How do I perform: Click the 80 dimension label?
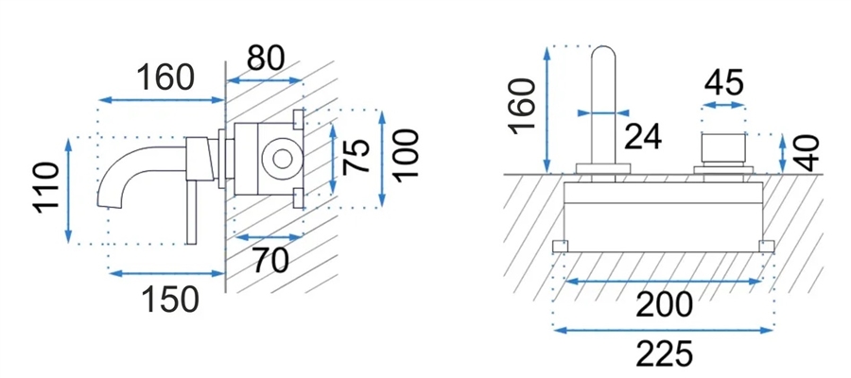pos(265,58)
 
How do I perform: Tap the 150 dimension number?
pos(170,299)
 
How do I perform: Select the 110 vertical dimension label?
pos(47,187)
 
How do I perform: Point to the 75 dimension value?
pos(356,157)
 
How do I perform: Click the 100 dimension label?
pos(406,156)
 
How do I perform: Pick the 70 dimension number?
pos(270,260)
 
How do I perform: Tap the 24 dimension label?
pos(643,136)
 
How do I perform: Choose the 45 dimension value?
pos(724,83)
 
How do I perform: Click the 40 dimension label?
pos(808,153)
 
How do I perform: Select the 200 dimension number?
pos(664,304)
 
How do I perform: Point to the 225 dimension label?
pos(664,354)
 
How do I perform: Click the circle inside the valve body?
pos(281,159)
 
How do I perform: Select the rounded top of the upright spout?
pos(603,54)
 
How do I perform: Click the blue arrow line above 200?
pos(663,281)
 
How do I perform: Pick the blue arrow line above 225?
pos(663,330)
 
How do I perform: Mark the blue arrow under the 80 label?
pos(265,80)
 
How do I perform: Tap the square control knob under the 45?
pos(723,147)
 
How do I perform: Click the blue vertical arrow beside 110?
pos(68,190)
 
